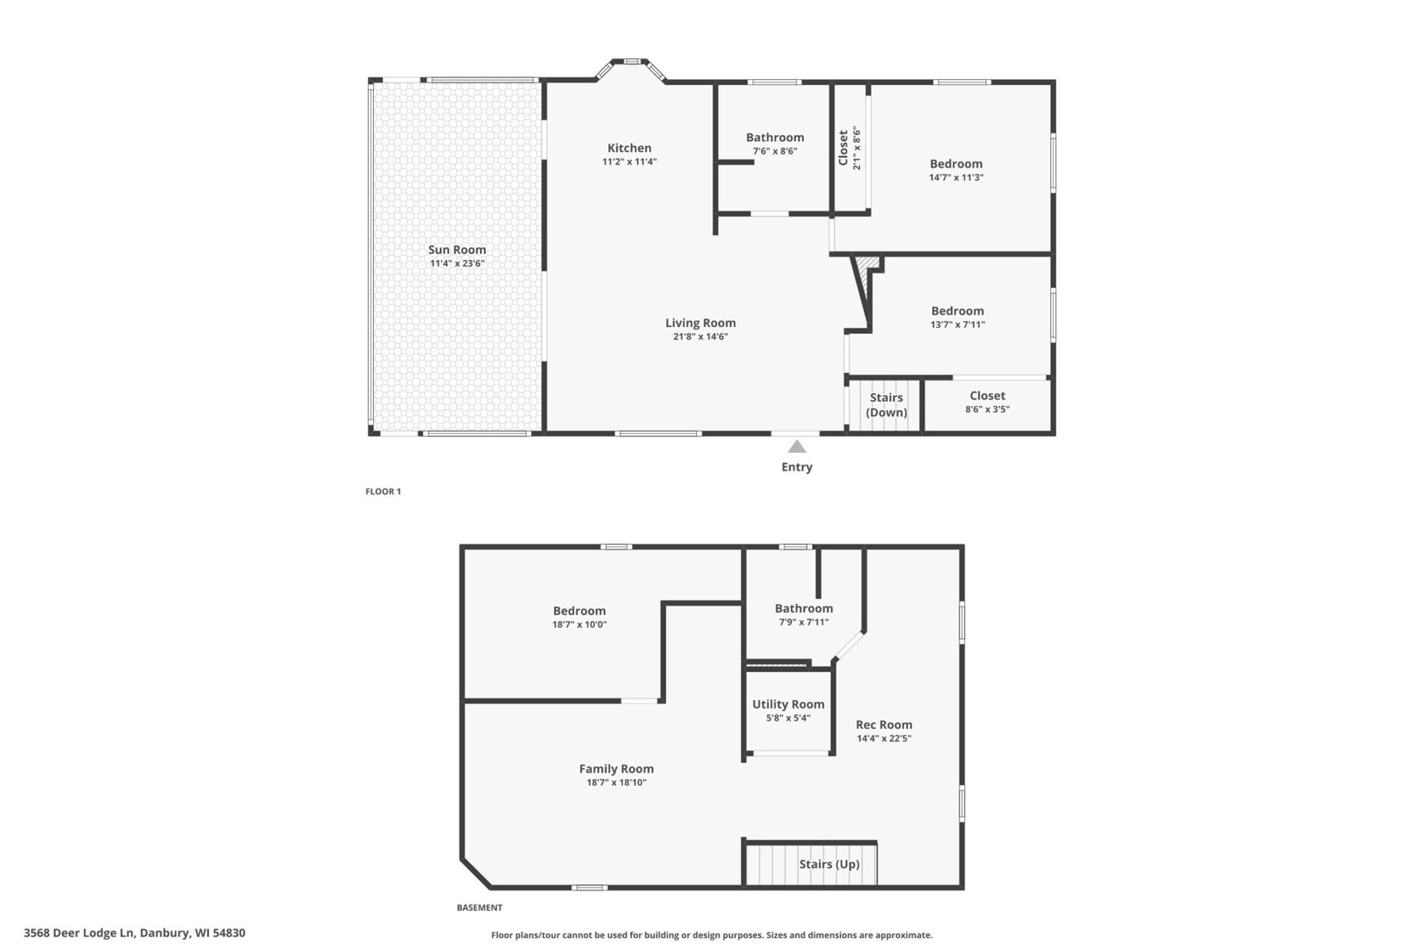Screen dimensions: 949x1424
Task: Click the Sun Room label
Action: tap(457, 250)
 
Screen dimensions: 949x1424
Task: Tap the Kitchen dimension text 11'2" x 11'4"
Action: tap(629, 162)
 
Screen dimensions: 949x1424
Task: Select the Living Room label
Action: tap(700, 323)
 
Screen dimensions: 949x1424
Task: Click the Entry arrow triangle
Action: tap(797, 446)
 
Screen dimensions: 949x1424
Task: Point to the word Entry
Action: tap(797, 467)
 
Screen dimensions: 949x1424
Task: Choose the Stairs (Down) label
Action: tap(886, 405)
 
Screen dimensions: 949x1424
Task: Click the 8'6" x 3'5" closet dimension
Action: tap(987, 409)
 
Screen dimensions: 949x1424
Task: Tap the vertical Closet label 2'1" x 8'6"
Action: tap(849, 149)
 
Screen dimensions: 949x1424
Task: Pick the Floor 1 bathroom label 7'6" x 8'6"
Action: tap(775, 151)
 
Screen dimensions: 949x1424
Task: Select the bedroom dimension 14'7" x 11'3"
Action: tap(956, 178)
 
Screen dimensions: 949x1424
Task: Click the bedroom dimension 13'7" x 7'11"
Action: tap(957, 325)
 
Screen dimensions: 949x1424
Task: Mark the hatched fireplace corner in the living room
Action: tap(866, 264)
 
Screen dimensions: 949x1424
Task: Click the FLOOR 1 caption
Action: tap(383, 492)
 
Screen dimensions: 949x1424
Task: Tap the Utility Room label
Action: tap(788, 704)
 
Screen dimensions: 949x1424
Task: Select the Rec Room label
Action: tap(883, 725)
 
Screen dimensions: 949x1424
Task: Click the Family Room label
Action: tap(616, 769)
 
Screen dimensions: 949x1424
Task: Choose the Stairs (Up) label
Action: tap(829, 864)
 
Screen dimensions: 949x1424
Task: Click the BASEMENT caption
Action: tap(479, 907)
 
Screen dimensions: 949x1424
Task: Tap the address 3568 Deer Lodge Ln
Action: tap(134, 933)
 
